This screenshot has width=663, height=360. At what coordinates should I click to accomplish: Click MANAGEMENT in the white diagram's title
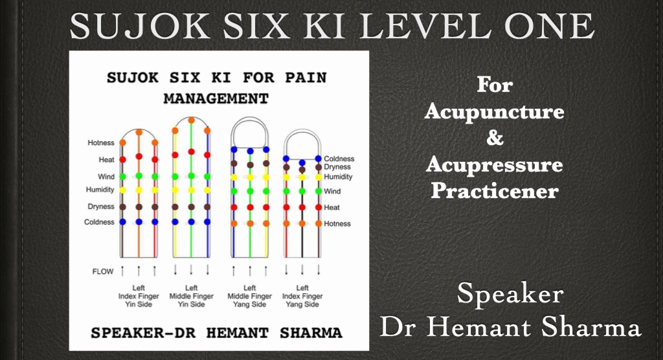click(216, 98)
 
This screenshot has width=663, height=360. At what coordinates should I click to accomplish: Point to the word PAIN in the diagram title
click(306, 78)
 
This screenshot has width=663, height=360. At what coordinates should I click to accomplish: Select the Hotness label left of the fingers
click(101, 143)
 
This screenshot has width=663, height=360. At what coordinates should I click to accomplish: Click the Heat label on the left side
click(107, 160)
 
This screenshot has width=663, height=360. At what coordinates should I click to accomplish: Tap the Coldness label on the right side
click(339, 159)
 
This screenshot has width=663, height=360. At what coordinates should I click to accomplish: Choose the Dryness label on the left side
click(101, 207)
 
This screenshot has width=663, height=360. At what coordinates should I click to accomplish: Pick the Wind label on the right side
click(332, 191)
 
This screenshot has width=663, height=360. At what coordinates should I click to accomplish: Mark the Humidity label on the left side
click(100, 190)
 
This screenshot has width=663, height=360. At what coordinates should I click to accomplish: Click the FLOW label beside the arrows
click(103, 271)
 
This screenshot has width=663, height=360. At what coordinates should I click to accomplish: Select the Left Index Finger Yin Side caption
click(139, 296)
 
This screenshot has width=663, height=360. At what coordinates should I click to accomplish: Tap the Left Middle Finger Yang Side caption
click(249, 296)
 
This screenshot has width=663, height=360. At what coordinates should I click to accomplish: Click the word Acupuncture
click(494, 111)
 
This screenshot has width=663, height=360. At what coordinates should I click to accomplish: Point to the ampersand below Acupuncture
click(495, 137)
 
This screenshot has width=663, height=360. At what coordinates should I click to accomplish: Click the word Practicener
click(495, 191)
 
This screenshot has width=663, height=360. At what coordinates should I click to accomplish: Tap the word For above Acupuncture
click(495, 85)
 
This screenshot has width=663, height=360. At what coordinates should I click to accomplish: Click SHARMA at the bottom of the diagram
click(311, 333)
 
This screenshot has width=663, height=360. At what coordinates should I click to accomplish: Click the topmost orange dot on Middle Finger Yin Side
click(191, 120)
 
